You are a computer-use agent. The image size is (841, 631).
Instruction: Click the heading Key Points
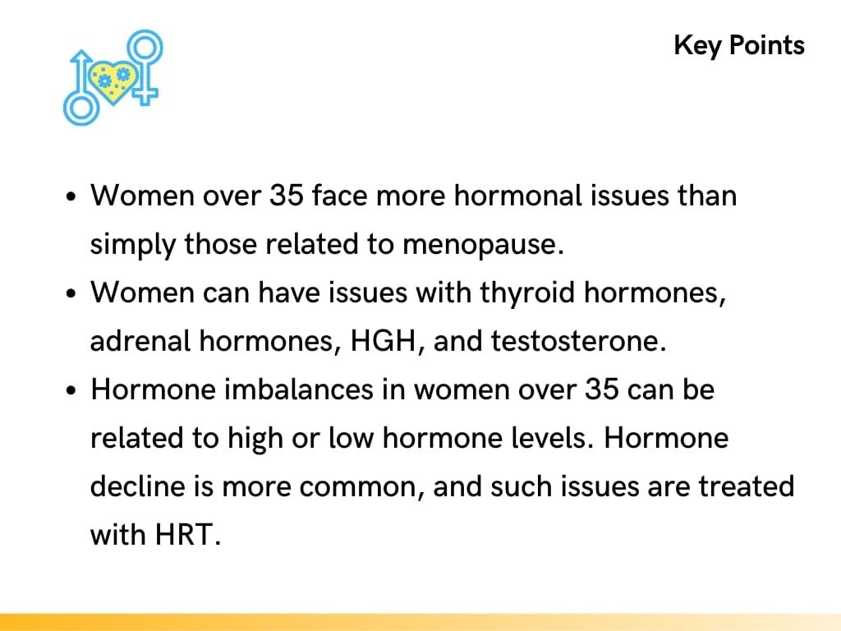[739, 44]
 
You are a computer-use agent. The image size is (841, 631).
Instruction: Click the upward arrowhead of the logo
[81, 57]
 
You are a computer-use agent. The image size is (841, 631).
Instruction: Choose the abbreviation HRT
[188, 534]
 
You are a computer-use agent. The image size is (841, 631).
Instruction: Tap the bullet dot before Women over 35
[72, 198]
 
